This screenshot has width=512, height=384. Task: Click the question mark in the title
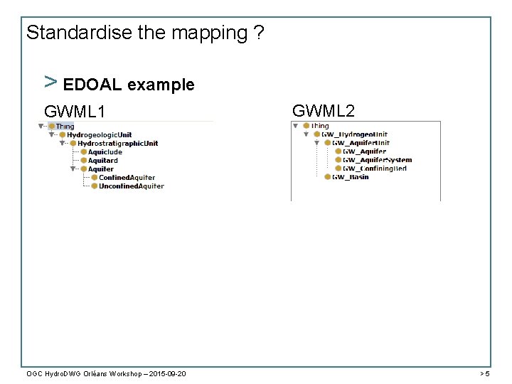pyautogui.click(x=258, y=33)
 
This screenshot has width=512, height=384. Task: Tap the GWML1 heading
pyautogui.click(x=75, y=112)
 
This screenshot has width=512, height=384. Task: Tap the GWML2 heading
pyautogui.click(x=324, y=110)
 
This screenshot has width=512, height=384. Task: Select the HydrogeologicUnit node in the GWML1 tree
pyautogui.click(x=99, y=135)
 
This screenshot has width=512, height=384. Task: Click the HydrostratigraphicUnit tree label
pyautogui.click(x=117, y=144)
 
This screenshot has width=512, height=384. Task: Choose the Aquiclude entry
pyautogui.click(x=105, y=152)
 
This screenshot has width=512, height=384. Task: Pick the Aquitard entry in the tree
pyautogui.click(x=102, y=161)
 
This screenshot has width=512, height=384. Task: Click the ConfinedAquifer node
pyautogui.click(x=127, y=178)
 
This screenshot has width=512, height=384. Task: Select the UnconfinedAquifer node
pyautogui.click(x=131, y=186)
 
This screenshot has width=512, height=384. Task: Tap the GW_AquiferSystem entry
pyautogui.click(x=377, y=160)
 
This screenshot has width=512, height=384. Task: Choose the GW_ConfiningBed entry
pyautogui.click(x=375, y=169)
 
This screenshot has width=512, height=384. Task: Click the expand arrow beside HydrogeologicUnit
pyautogui.click(x=51, y=135)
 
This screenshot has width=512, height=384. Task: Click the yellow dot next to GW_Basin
pyautogui.click(x=327, y=177)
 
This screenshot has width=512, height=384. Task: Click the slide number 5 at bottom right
pyautogui.click(x=486, y=373)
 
